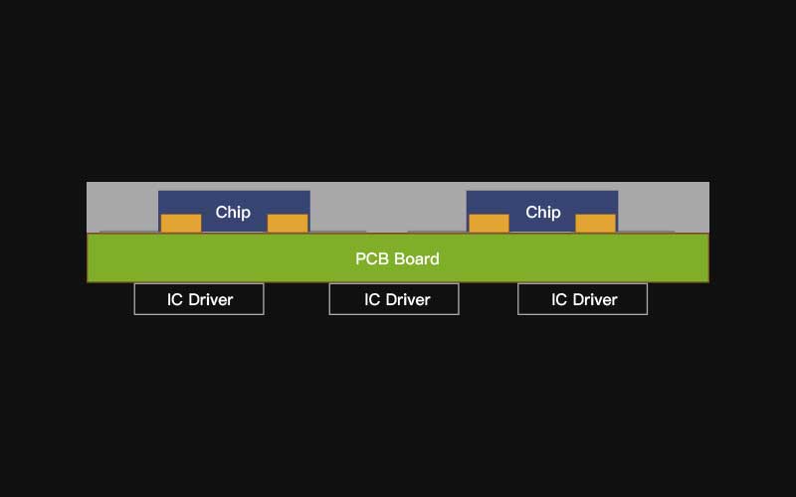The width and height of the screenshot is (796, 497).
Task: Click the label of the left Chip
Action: (233, 212)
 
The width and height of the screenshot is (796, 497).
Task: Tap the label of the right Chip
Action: (543, 212)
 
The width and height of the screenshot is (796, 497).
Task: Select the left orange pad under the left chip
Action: (181, 223)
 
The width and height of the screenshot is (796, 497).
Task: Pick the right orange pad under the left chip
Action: (288, 223)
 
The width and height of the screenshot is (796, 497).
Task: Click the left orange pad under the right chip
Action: (489, 223)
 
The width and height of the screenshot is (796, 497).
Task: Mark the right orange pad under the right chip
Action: (595, 223)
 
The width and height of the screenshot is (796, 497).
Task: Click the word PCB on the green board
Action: (372, 258)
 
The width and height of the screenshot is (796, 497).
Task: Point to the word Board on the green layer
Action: (417, 258)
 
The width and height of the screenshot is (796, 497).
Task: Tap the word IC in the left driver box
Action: (175, 300)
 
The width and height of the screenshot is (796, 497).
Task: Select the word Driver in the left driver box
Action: (211, 300)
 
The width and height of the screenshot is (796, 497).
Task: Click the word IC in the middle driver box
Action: (371, 300)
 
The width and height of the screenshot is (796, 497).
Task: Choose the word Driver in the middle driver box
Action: (408, 300)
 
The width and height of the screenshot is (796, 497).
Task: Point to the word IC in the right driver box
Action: (559, 300)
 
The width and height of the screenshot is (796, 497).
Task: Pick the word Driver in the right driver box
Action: (595, 300)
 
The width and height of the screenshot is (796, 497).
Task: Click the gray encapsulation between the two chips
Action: (388, 207)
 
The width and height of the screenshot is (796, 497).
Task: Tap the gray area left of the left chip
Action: (122, 207)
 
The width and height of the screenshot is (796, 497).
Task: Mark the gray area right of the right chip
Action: (664, 207)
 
